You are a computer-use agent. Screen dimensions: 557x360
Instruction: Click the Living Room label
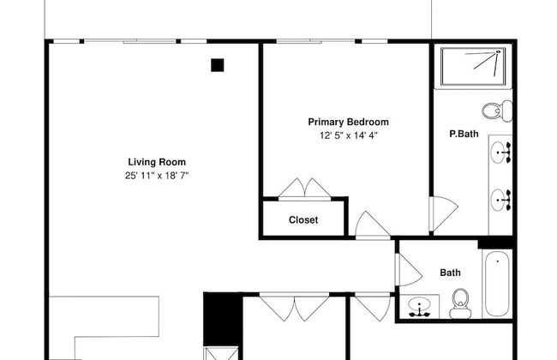tap(157, 162)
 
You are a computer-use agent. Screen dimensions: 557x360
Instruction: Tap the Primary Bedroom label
tap(348, 122)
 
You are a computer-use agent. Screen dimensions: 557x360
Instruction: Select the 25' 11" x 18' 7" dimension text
tap(157, 176)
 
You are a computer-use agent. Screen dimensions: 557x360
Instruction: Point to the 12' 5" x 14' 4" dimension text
tap(348, 135)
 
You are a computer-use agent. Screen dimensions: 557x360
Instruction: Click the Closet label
tap(303, 220)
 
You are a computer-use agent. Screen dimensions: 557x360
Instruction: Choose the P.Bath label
tap(464, 134)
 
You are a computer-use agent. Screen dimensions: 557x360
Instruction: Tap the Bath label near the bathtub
tap(450, 273)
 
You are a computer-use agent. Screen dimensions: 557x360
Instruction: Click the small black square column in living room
tap(218, 65)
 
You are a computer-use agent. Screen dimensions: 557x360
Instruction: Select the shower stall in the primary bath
tap(473, 67)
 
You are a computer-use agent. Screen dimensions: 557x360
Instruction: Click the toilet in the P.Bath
tap(497, 111)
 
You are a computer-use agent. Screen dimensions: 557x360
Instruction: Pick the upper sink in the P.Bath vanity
tap(501, 153)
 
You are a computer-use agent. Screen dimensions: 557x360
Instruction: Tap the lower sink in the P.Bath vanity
tap(501, 200)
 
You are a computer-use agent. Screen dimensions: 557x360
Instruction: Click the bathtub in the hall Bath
tap(497, 284)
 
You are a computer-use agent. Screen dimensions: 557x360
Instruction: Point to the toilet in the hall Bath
tap(460, 303)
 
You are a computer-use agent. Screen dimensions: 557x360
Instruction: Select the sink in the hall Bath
tap(420, 307)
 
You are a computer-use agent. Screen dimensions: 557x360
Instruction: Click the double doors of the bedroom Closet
tap(305, 188)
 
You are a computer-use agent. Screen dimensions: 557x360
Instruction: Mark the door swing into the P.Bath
tap(444, 213)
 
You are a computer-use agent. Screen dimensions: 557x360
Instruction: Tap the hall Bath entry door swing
tap(409, 270)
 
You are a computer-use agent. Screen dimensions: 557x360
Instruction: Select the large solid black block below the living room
tap(223, 319)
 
